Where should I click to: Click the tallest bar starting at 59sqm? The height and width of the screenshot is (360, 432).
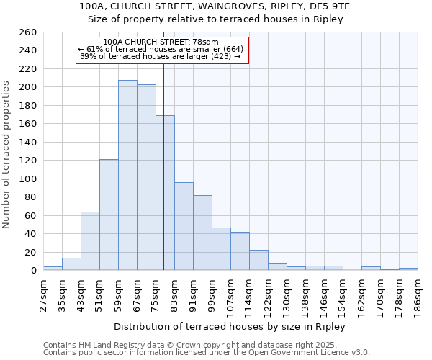point(127,175)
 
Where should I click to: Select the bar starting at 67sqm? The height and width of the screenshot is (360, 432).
point(146,177)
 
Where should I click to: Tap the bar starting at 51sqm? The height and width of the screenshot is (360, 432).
point(109,215)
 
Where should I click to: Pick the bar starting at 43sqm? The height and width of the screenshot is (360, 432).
point(90,241)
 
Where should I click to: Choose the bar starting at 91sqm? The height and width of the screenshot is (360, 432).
point(202,233)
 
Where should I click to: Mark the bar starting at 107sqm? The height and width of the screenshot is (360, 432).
point(240,251)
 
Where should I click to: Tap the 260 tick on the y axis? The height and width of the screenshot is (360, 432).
point(29,32)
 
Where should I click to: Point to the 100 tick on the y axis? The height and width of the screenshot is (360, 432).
point(29,179)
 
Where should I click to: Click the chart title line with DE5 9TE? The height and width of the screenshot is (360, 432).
point(215,6)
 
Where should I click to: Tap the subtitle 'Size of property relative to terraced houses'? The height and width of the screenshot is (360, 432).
point(215,19)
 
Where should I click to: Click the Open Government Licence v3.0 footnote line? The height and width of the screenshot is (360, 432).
point(207,353)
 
